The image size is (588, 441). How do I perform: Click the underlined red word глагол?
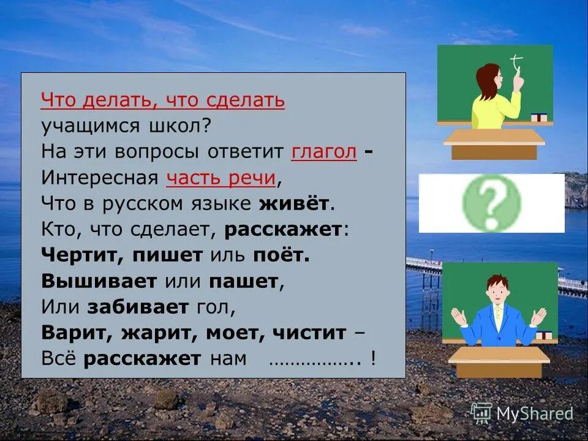pyautogui.click(x=324, y=151)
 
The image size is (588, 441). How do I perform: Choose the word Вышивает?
pyautogui.click(x=99, y=281)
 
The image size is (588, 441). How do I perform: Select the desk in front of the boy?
pyautogui.click(x=499, y=361)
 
